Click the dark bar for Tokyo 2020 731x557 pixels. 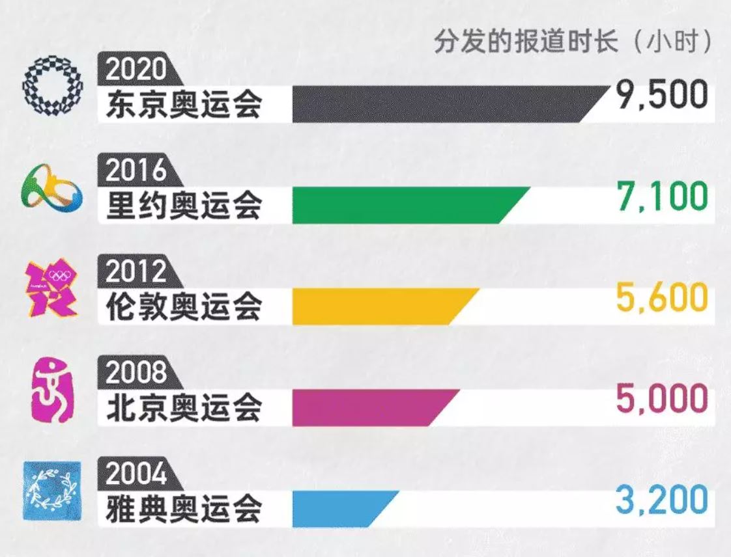pyautogui.click(x=443, y=104)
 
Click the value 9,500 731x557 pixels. pyautogui.click(x=661, y=96)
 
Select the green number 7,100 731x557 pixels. pyautogui.click(x=661, y=197)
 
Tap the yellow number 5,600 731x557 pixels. pyautogui.click(x=661, y=297)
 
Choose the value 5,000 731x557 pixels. pyautogui.click(x=661, y=398)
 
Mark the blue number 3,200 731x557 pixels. pyautogui.click(x=661, y=500)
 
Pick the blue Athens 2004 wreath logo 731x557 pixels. pyautogui.click(x=52, y=491)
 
